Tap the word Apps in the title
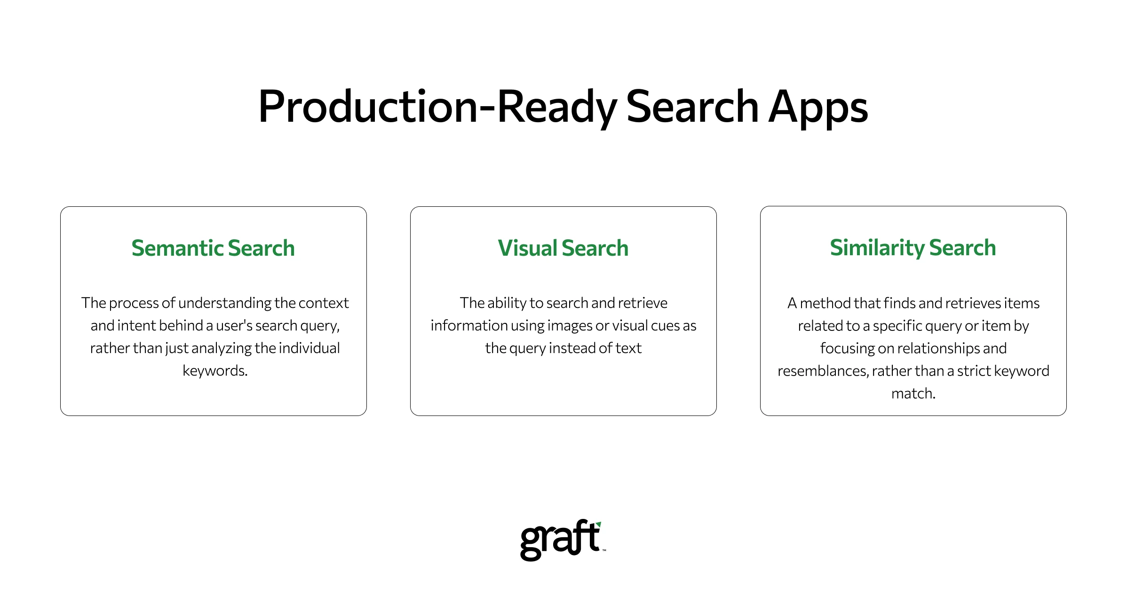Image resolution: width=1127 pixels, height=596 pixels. [818, 108]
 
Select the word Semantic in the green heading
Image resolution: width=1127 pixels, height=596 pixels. [177, 248]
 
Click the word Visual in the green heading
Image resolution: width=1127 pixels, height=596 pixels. [527, 248]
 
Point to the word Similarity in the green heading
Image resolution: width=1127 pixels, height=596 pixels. [877, 248]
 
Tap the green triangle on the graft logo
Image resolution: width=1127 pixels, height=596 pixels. [598, 524]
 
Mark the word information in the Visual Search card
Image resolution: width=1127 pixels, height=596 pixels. [461, 326]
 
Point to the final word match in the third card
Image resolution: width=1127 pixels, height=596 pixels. [913, 393]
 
